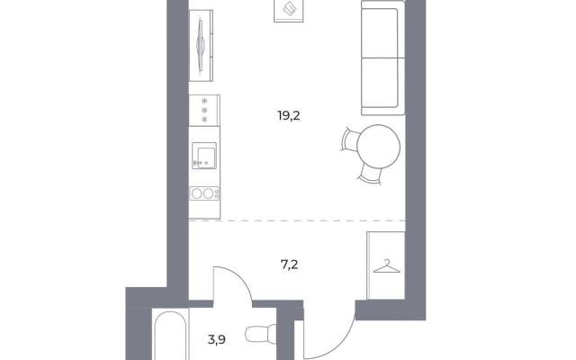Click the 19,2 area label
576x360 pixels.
(289, 116)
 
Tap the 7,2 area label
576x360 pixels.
(289, 265)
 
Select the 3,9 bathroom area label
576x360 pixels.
(217, 340)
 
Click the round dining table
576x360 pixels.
(379, 146)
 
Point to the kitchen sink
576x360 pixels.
(204, 156)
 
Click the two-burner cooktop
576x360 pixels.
(204, 193)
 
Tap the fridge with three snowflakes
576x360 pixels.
(204, 110)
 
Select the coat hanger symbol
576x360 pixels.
(386, 266)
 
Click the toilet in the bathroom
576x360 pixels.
(261, 334)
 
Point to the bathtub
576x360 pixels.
(170, 335)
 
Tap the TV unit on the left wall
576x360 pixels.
(201, 46)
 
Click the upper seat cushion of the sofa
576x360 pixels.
(380, 33)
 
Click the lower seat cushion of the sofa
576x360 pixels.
(380, 83)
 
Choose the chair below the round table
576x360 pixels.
(370, 175)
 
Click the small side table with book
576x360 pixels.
(288, 11)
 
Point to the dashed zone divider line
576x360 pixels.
(297, 220)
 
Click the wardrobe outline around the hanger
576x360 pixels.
(367, 265)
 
